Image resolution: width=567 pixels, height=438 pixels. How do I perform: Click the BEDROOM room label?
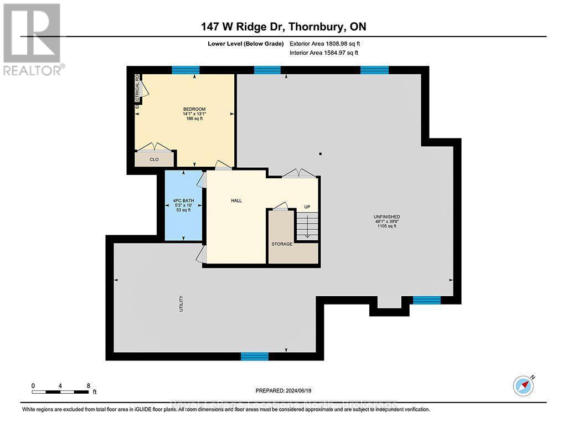tap(194, 109)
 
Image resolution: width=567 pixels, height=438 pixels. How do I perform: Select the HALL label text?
tap(236, 201)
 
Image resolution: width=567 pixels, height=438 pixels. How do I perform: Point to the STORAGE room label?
tap(281, 244)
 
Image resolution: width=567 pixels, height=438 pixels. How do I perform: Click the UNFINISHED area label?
tap(387, 217)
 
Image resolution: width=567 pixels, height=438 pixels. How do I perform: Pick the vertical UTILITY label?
tap(181, 303)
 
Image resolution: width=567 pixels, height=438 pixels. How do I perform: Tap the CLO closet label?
tap(154, 159)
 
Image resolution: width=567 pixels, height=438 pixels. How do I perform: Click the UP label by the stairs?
tap(307, 207)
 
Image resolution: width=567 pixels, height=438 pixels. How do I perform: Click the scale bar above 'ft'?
tap(60, 392)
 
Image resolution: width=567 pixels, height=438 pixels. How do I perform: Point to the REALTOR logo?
tap(32, 39)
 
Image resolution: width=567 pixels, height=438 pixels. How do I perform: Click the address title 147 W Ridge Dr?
tap(283, 27)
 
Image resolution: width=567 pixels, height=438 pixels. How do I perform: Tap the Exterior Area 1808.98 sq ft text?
tap(325, 43)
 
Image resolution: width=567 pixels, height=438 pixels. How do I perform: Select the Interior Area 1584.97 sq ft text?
tap(324, 53)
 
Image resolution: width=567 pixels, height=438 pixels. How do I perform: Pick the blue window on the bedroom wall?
tap(185, 70)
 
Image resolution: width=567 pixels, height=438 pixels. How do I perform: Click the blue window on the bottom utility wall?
tap(251, 357)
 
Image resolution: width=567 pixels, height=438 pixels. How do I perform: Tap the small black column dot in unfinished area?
tap(320, 154)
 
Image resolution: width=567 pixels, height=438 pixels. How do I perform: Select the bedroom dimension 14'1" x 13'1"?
tap(194, 114)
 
